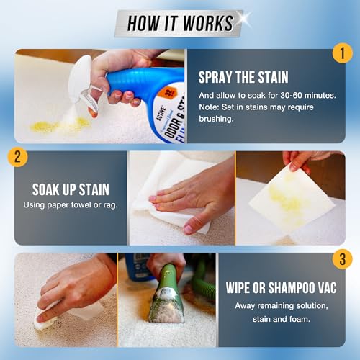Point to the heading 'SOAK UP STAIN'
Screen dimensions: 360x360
point(70,191)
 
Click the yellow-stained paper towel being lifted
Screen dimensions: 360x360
point(295,194)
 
